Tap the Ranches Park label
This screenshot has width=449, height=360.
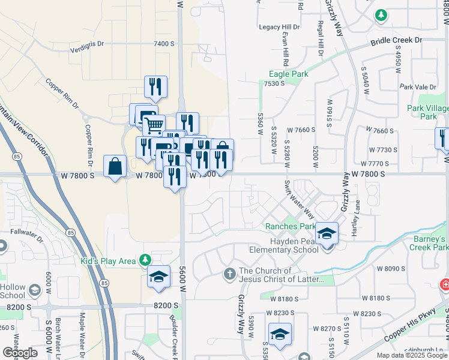click(291, 227)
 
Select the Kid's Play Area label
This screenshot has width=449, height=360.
click(108, 261)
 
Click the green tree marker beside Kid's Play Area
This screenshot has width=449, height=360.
click(144, 260)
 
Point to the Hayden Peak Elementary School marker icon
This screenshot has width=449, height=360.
click(327, 233)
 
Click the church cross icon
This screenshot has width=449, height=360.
click(229, 275)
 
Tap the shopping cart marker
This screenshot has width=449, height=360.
click(154, 125)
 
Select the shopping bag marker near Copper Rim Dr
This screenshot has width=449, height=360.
click(115, 166)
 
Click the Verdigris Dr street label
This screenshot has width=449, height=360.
click(87, 44)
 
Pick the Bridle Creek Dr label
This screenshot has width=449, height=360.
click(397, 40)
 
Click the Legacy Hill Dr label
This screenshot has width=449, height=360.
click(279, 27)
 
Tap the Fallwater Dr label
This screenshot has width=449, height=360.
click(27, 232)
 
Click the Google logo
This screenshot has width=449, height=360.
click(20, 353)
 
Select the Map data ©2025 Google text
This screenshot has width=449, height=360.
click(411, 355)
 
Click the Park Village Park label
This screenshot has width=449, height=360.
click(427, 112)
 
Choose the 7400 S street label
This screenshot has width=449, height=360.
click(164, 44)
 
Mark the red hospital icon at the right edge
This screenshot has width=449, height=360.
click(445, 284)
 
